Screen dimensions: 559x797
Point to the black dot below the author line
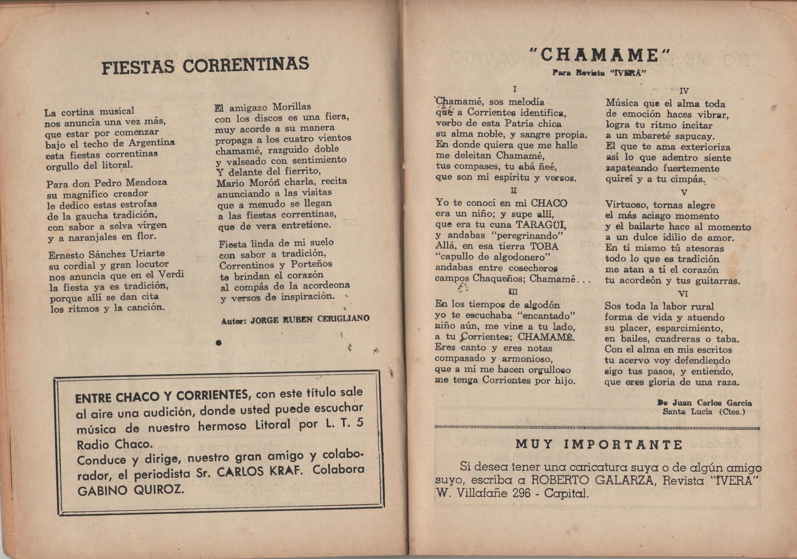218,343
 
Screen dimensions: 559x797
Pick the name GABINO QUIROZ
130,490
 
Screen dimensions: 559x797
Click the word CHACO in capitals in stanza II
549,203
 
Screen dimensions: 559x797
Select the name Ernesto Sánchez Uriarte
107,254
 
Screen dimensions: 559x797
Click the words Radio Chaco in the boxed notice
114,445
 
